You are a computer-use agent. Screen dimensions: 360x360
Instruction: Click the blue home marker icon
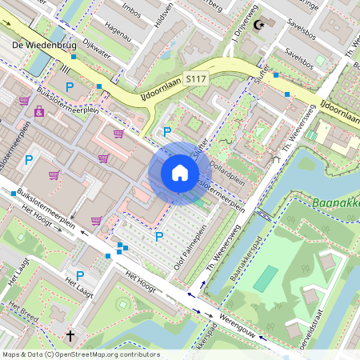[180, 173]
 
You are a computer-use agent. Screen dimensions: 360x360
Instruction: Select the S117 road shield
[196, 78]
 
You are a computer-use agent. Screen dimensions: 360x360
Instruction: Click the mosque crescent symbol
[258, 25]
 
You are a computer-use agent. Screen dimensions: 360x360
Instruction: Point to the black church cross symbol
[70, 336]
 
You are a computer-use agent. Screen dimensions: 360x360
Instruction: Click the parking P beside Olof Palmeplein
[159, 236]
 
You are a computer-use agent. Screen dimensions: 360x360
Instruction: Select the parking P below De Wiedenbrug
[70, 86]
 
